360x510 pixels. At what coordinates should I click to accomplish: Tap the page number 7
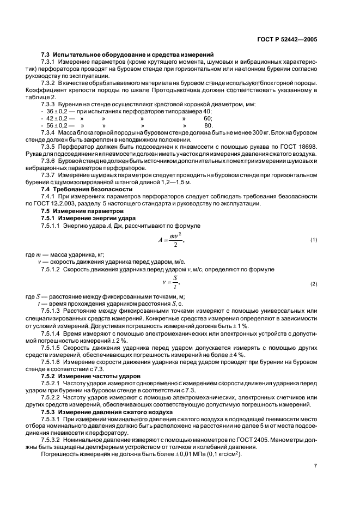pos(315,465)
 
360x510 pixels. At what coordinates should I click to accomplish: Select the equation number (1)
pos(314,240)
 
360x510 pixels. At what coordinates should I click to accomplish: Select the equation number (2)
pos(314,284)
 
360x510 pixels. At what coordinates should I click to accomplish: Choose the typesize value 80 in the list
pos(208,125)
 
